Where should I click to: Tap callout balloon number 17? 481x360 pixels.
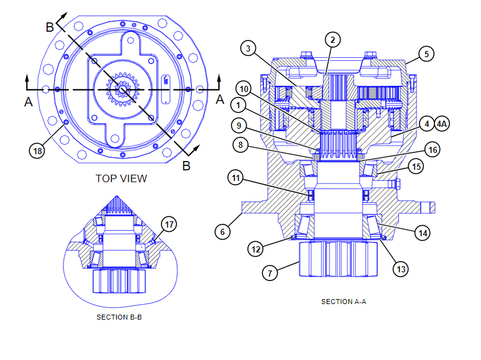pos(168,224)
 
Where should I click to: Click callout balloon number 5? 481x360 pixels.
pos(426,54)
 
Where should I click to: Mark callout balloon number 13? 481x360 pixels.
pos(401,269)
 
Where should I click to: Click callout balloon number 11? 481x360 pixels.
pos(236,179)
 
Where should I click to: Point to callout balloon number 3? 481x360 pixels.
pos(249,48)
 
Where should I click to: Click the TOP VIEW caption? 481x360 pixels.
pos(121,178)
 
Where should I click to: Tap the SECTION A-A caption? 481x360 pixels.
pos(344,302)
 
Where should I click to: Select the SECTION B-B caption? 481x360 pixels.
pos(121,317)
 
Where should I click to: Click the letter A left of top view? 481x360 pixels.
pos(28,102)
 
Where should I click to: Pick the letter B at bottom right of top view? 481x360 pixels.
pos(185,166)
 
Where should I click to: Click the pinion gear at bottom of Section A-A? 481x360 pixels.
pos(338,259)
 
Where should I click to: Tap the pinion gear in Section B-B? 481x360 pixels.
pos(118,282)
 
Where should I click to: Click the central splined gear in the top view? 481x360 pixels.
pos(122,90)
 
